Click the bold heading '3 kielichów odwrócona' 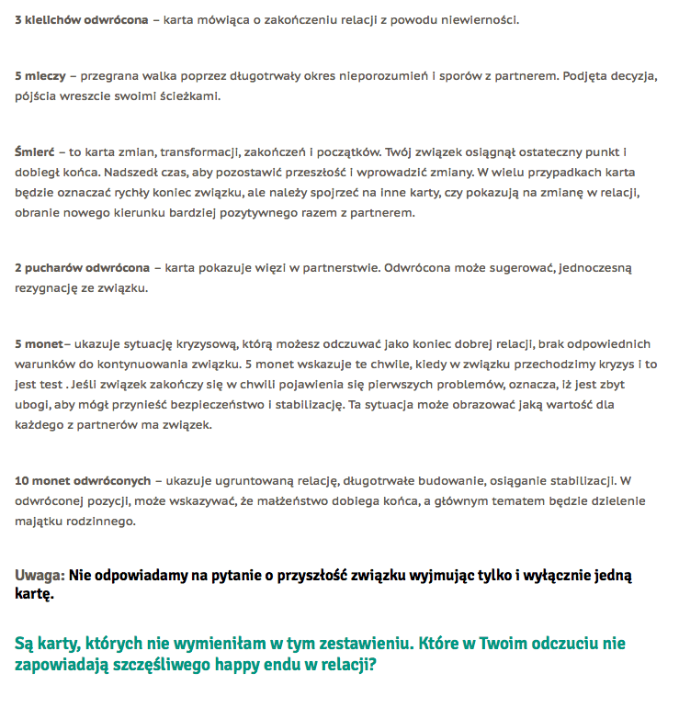[x=81, y=19]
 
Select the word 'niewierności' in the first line [x=484, y=19]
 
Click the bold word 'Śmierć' [x=35, y=151]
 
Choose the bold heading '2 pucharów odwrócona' [x=82, y=268]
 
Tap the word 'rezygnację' [x=45, y=288]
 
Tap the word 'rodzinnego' [x=103, y=522]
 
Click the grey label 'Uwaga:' [x=40, y=576]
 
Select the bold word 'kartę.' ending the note [x=34, y=595]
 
